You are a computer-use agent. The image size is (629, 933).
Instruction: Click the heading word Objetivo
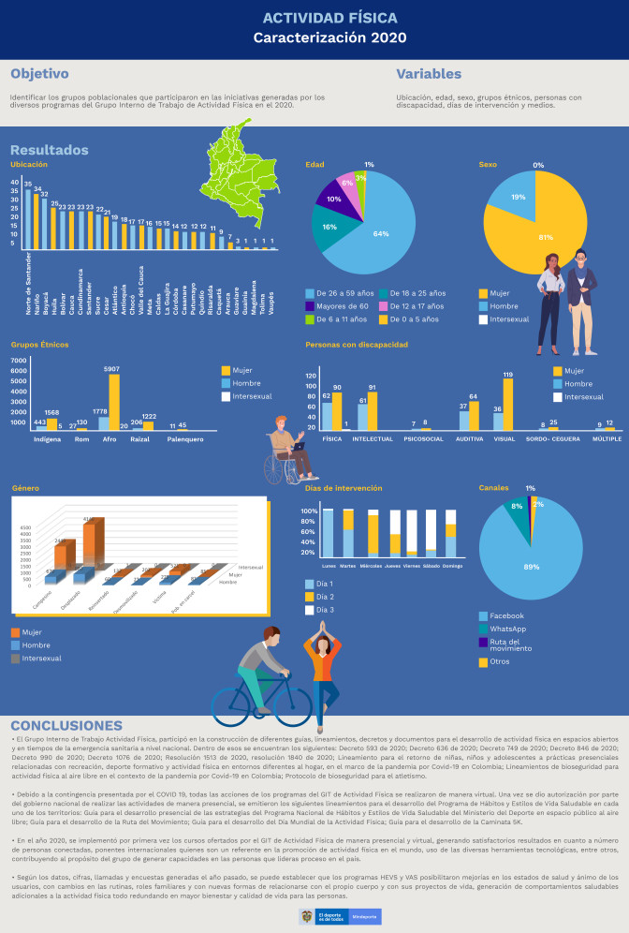(39, 74)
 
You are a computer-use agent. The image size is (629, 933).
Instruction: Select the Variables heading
(428, 74)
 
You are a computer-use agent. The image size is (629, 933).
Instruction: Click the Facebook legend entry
(506, 615)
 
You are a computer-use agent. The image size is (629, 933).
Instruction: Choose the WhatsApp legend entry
(508, 629)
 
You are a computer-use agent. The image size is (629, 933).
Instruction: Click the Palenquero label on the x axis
(185, 438)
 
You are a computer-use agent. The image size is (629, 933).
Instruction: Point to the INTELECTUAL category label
(373, 438)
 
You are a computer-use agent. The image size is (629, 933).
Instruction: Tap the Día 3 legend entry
(323, 610)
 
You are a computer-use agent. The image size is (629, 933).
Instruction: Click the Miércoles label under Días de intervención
(373, 566)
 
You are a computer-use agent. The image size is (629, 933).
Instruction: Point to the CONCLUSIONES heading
(66, 726)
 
